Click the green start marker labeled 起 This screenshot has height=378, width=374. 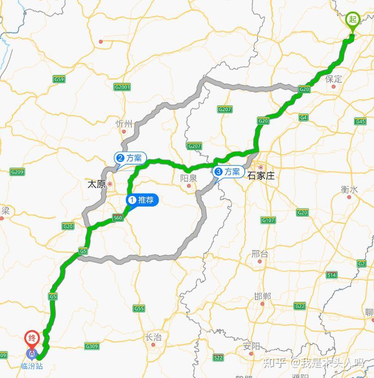click(353, 20)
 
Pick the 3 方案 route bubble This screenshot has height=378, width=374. click(227, 172)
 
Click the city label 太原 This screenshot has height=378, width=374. click(97, 184)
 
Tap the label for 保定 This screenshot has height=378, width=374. click(334, 79)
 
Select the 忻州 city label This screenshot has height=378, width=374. click(124, 123)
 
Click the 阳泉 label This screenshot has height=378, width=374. click(188, 178)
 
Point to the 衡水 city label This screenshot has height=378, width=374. click(349, 189)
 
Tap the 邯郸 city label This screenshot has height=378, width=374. click(262, 296)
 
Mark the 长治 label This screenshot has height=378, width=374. click(153, 337)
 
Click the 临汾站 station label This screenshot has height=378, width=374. click(32, 366)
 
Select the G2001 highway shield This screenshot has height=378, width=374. click(122, 87)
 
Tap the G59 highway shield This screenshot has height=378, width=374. click(59, 79)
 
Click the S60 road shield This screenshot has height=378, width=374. click(118, 218)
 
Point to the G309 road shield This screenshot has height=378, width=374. click(92, 346)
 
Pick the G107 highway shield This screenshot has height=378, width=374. click(268, 220)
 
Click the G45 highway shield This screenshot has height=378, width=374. click(360, 121)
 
